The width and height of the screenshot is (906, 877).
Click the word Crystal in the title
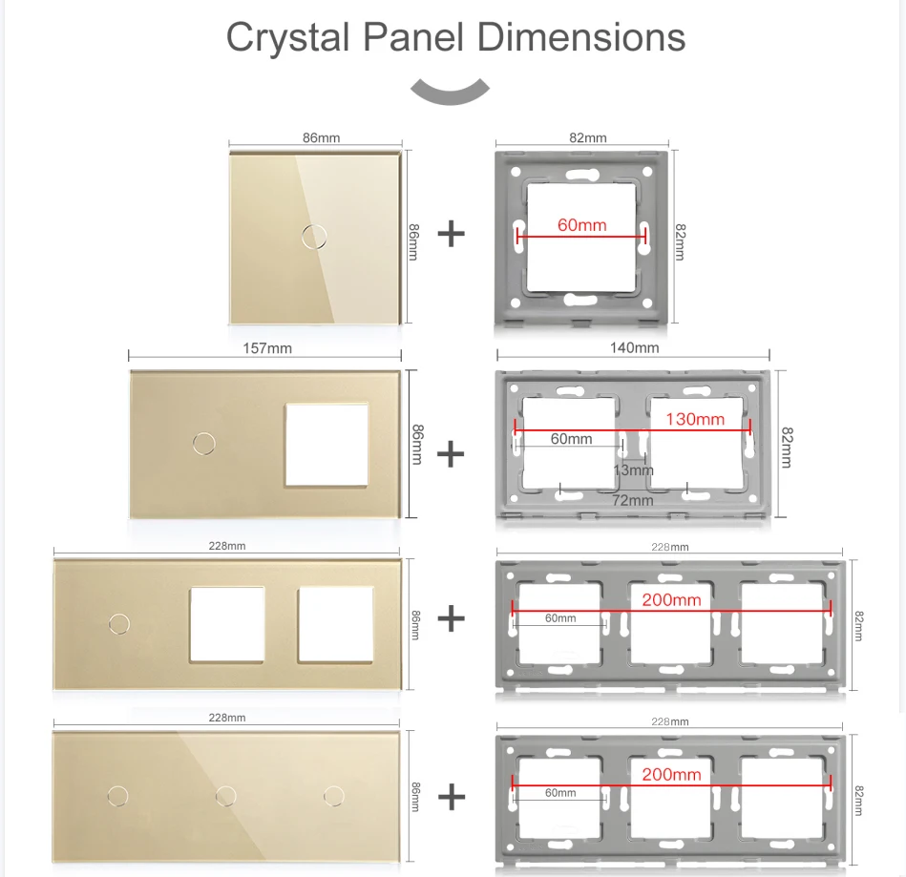point(287,38)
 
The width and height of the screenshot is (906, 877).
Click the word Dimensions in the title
point(581,37)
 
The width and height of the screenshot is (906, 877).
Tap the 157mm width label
point(267,348)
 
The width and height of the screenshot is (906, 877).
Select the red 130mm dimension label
point(694,419)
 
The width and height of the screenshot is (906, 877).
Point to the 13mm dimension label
point(633,470)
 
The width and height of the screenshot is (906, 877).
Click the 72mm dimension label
point(633,500)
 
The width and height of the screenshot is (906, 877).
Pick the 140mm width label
point(635,347)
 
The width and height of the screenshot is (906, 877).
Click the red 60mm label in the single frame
point(581,225)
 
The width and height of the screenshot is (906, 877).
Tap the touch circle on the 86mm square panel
point(314,237)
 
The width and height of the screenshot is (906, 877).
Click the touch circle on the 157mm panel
point(204,444)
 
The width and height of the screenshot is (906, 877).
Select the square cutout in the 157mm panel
point(327,445)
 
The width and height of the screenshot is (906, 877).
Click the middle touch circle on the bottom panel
point(226,796)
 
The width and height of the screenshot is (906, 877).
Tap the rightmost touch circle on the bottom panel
point(334,796)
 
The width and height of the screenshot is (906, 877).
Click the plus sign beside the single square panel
point(452,234)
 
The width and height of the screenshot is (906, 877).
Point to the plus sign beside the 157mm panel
point(451,454)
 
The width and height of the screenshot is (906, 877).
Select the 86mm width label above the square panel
point(322,138)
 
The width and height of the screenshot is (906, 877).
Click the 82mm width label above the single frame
point(588,138)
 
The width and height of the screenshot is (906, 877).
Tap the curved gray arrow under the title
point(450,94)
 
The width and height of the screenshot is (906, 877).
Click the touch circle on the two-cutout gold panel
point(119,624)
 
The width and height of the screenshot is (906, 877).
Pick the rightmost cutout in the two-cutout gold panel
point(336,624)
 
